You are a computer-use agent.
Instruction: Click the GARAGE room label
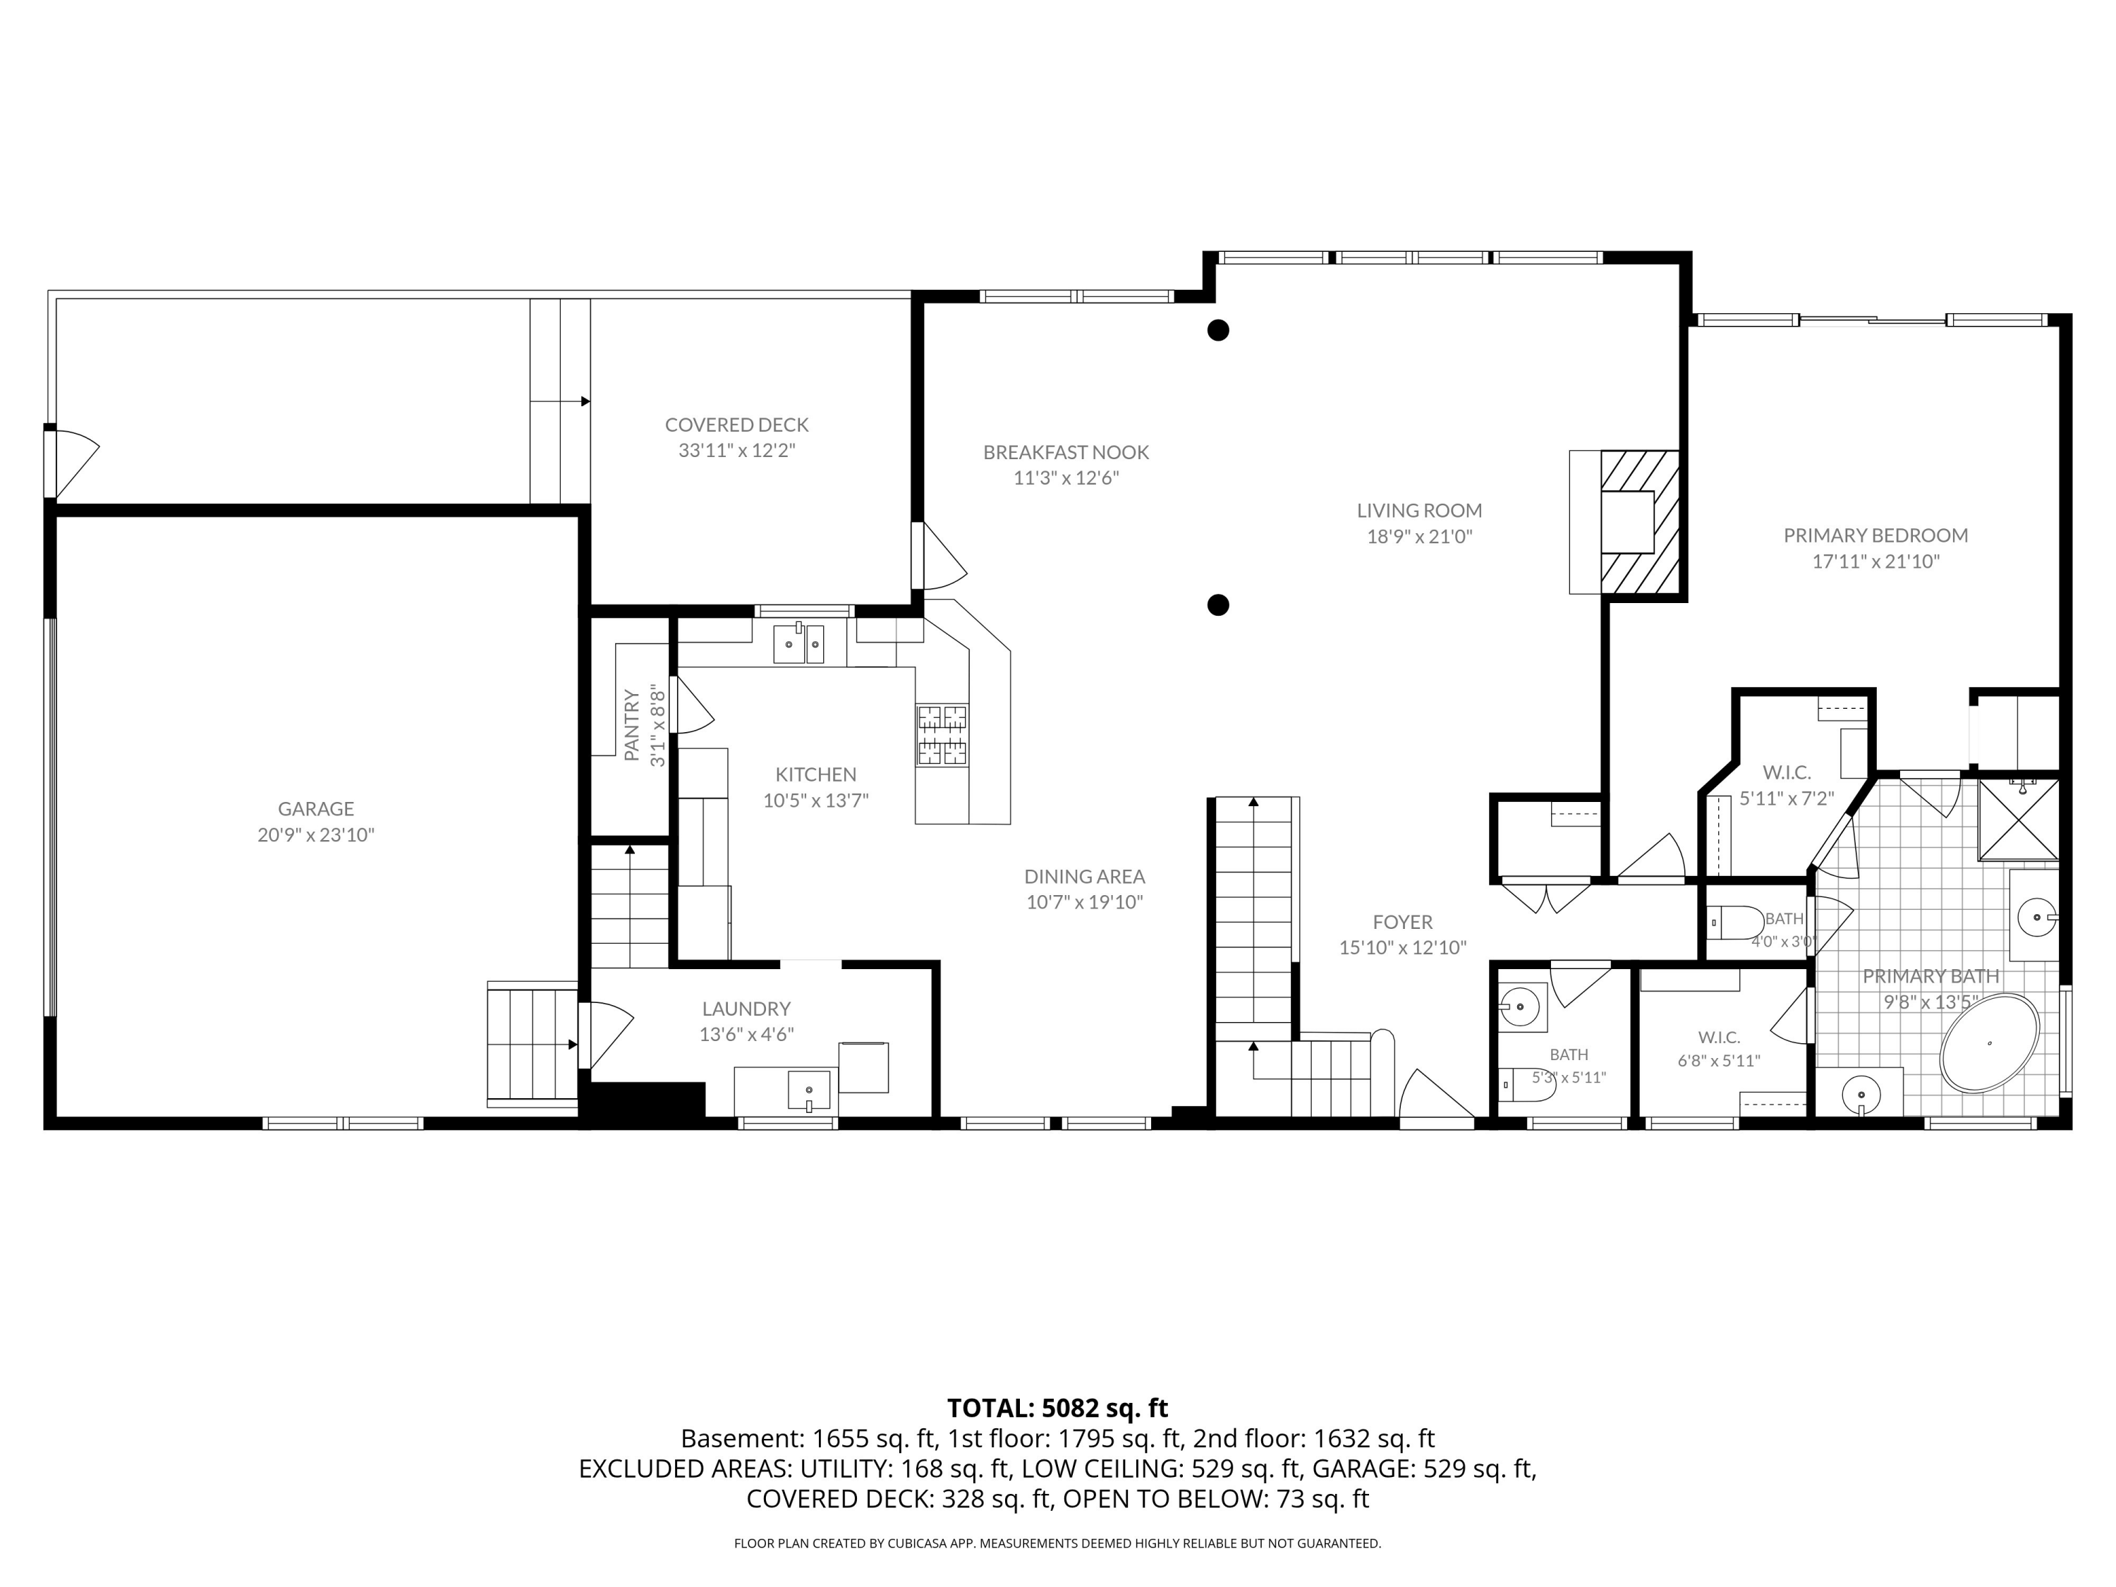click(x=316, y=808)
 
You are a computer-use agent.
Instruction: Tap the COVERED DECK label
click(x=736, y=425)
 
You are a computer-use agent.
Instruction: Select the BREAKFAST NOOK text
click(x=1066, y=453)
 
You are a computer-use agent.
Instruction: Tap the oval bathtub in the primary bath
click(x=1990, y=1044)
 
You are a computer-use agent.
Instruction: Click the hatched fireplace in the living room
click(x=1641, y=523)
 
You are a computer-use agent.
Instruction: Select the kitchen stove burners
click(x=942, y=735)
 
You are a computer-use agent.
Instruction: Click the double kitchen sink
click(x=800, y=644)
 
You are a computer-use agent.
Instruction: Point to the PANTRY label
click(x=631, y=725)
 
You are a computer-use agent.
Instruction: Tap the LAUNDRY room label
click(x=746, y=1008)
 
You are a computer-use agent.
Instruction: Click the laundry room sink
click(x=809, y=1090)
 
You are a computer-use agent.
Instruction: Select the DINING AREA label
click(x=1085, y=876)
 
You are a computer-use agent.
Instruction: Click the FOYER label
click(x=1402, y=922)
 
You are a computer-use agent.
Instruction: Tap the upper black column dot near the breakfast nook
click(x=1217, y=330)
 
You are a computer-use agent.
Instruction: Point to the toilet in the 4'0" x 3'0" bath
click(x=1735, y=922)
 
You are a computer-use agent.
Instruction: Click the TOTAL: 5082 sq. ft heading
click(x=1058, y=1408)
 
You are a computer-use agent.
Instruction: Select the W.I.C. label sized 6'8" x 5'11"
click(x=1719, y=1037)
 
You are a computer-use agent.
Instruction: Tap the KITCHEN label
click(x=816, y=775)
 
